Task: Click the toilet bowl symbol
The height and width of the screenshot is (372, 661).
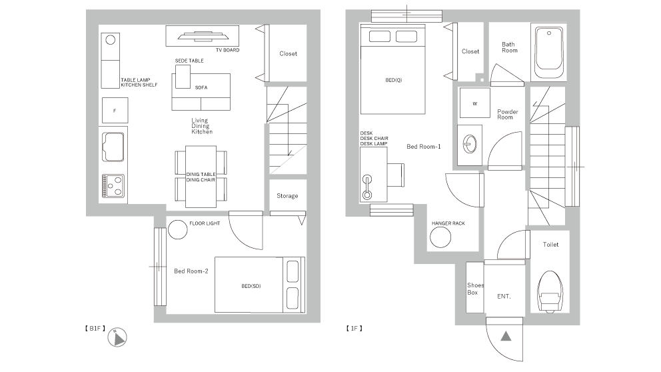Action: click(550, 292)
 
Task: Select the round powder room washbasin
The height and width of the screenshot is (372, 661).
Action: click(470, 144)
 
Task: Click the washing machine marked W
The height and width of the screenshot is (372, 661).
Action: click(474, 103)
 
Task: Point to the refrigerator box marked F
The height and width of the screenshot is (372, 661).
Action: click(115, 111)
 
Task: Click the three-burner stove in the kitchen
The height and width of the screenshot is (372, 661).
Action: click(113, 186)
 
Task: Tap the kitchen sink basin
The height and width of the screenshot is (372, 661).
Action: click(113, 147)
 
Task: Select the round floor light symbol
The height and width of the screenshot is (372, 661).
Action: click(177, 230)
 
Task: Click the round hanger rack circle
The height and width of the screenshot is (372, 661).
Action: click(440, 237)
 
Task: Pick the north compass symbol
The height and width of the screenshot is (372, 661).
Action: click(117, 337)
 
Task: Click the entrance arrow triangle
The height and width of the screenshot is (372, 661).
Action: click(506, 336)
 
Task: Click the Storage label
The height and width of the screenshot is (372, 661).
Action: click(287, 196)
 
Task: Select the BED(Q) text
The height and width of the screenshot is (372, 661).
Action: click(393, 80)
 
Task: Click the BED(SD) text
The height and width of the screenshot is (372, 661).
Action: click(251, 286)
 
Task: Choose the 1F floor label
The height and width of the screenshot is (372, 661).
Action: click(354, 328)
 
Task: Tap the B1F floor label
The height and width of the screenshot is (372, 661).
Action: click(95, 328)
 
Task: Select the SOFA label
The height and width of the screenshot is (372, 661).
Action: click(201, 88)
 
